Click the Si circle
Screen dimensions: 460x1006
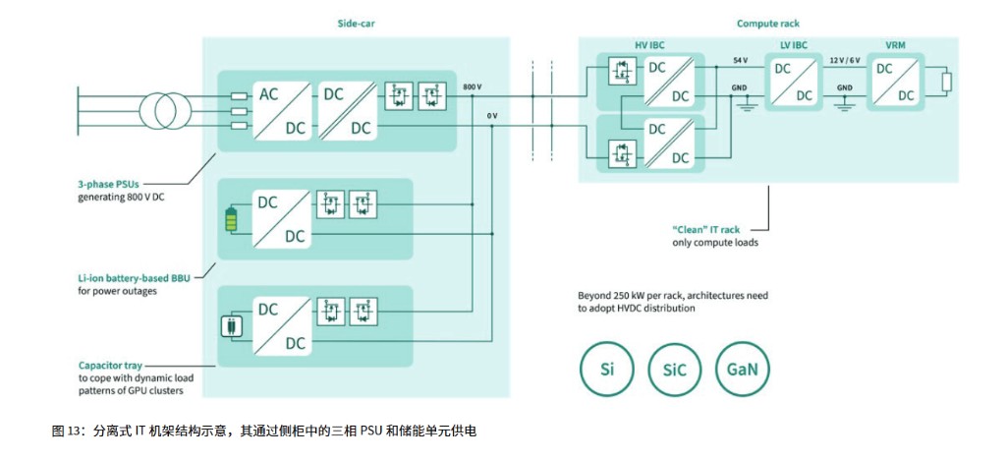[x=606, y=372]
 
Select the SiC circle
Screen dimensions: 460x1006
[x=674, y=372]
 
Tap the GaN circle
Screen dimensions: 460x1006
[x=742, y=372]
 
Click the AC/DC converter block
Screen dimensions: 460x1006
[x=282, y=111]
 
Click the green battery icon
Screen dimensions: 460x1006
[x=232, y=219]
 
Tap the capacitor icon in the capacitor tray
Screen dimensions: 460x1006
[x=232, y=326]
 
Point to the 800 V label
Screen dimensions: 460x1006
[x=473, y=86]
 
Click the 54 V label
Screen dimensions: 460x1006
[x=740, y=61]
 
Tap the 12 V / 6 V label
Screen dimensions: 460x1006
[x=845, y=61]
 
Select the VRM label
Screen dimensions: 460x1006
[x=897, y=45]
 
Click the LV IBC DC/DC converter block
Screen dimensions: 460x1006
[x=794, y=82]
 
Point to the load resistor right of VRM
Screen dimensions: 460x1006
[x=946, y=82]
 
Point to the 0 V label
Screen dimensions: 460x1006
[x=492, y=116]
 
